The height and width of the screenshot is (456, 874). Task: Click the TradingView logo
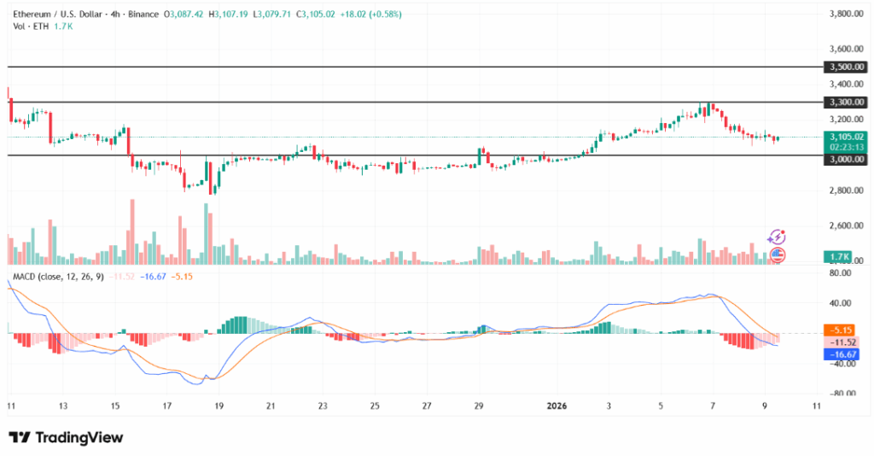click(67, 437)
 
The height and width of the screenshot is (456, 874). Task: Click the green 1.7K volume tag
click(841, 256)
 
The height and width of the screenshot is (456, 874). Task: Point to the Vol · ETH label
click(26, 26)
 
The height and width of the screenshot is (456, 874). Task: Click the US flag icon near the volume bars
click(777, 254)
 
